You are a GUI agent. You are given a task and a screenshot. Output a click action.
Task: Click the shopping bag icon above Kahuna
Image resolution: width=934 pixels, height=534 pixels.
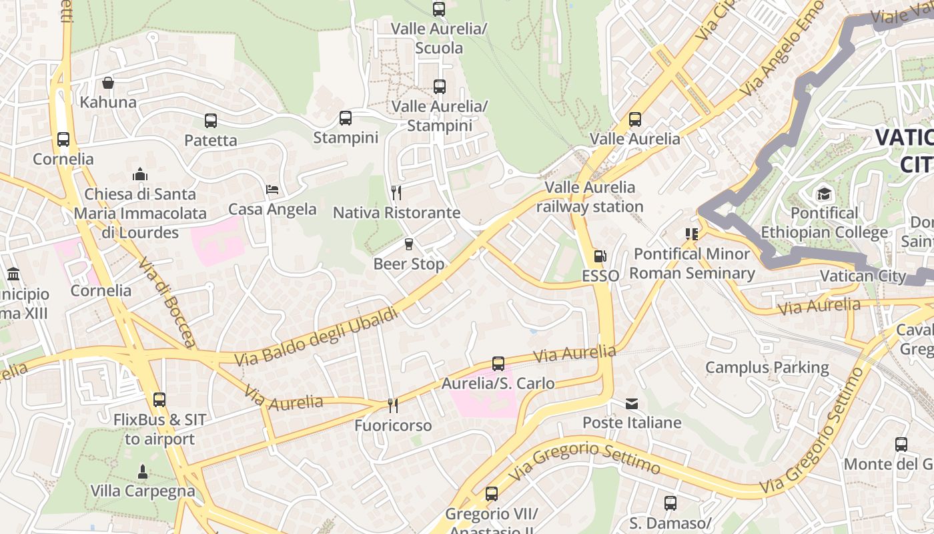[x=108, y=83]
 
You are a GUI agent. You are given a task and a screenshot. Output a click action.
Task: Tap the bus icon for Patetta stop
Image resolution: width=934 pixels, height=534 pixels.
[x=211, y=121]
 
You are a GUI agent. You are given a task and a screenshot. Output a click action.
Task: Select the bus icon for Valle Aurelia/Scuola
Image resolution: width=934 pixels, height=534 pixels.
[x=439, y=9]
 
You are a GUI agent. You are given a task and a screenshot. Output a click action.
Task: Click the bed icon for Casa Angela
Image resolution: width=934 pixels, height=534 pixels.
[x=272, y=190]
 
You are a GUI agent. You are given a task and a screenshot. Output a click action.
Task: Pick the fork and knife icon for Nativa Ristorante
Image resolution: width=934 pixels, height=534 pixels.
[x=396, y=193]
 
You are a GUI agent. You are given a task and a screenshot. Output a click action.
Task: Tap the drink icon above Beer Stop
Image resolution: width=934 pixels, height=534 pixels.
[x=409, y=244]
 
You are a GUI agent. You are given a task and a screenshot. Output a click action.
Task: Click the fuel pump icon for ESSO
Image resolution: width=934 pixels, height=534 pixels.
[x=600, y=256]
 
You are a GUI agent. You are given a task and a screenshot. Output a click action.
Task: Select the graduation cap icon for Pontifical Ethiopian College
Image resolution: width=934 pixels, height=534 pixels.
[x=825, y=194]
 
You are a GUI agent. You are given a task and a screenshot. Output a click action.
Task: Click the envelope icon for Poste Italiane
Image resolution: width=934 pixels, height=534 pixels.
[x=632, y=403]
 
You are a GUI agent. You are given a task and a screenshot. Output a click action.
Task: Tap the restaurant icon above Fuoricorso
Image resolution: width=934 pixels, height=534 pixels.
[x=393, y=406]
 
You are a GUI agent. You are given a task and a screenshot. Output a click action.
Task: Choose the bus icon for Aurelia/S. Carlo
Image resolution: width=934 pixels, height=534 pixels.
[x=498, y=364]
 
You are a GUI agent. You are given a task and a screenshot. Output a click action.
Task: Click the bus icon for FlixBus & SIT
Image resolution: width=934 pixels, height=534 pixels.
[x=159, y=400]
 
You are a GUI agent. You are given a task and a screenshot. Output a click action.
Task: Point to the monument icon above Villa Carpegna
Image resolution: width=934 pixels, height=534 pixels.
[x=142, y=471]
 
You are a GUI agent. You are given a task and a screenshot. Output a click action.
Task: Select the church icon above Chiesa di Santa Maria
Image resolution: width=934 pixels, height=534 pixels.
[x=140, y=174]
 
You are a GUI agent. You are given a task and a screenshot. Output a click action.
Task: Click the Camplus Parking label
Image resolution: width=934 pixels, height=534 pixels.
[x=767, y=368]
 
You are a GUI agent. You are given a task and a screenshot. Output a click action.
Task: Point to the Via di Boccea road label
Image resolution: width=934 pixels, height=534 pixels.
[x=167, y=302]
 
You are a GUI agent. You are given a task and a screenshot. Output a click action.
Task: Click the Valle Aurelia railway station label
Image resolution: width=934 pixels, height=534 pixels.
[x=590, y=197]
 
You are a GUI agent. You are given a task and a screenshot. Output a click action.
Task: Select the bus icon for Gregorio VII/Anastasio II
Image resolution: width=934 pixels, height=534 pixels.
[x=492, y=494]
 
